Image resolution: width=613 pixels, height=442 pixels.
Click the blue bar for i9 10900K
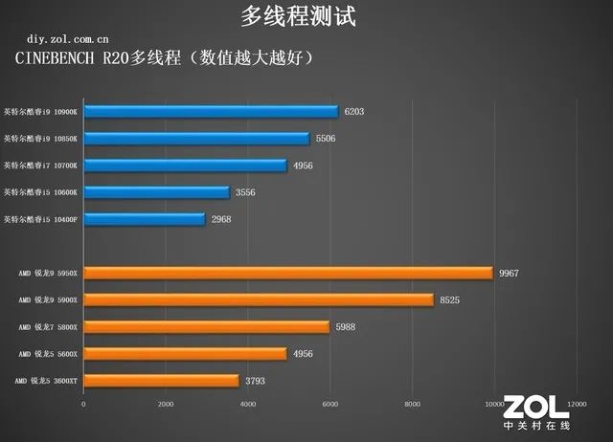pos(211,112)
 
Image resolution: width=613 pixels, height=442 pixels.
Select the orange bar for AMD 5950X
pos(287,274)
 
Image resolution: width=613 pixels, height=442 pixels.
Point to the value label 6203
pos(353,112)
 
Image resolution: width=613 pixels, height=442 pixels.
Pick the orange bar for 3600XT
pos(161,381)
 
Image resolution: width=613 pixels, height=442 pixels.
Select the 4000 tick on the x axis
pos(247,404)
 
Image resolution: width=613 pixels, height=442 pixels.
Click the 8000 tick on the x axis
pos(412,404)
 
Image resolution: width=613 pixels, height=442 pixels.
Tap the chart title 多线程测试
pos(306,16)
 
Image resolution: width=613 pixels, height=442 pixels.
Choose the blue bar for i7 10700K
pos(185,166)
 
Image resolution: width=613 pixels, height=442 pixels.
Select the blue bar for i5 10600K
pos(156,192)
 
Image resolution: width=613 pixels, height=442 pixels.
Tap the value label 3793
pos(256,381)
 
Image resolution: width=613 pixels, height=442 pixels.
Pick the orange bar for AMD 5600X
pos(185,354)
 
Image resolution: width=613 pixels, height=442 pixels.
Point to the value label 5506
pos(327,139)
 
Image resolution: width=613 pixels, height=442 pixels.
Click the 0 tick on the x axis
pos(83,404)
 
